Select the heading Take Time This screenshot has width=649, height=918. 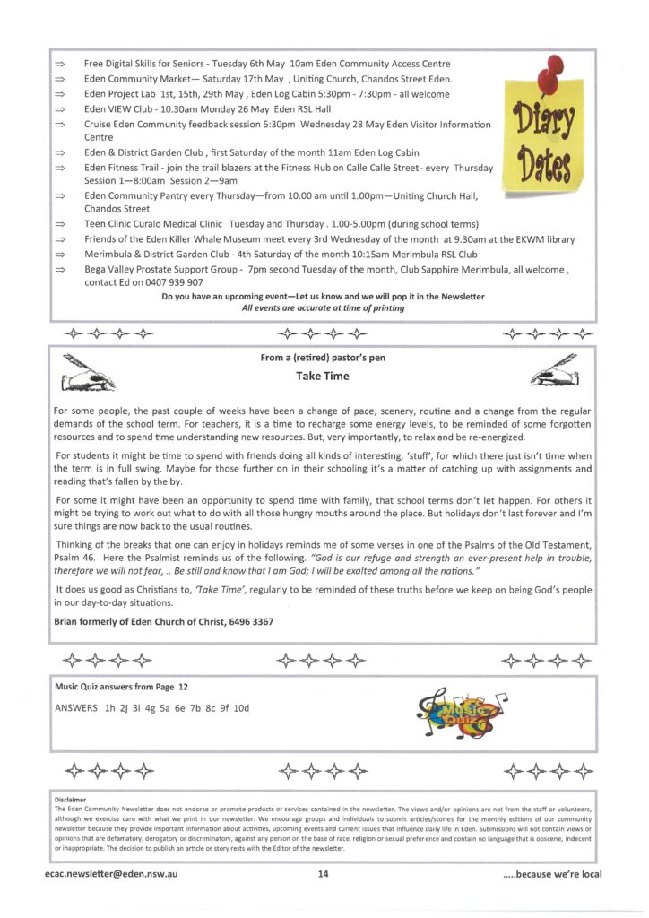pos(323,377)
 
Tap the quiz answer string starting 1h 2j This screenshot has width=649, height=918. pos(169,708)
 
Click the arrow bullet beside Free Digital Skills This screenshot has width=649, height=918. pos(61,65)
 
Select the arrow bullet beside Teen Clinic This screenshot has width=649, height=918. pos(61,224)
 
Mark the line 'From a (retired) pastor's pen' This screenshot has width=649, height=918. pos(323,358)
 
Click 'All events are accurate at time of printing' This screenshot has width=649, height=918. pos(323,307)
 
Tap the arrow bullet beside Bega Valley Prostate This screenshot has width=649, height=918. pos(61,270)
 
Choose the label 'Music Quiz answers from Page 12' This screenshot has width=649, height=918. pos(121,686)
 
